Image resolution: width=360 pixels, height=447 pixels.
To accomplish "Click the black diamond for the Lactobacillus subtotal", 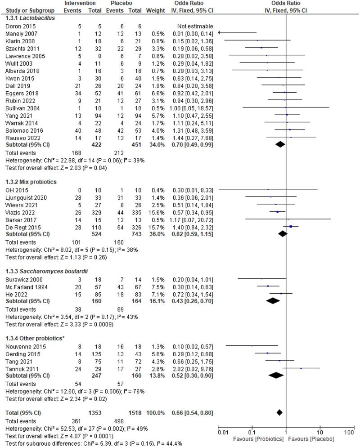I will tap(280, 144).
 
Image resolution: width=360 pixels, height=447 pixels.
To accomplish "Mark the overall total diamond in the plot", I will tap(279, 412).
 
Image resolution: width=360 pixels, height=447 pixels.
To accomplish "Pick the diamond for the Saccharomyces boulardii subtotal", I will tap(273, 301).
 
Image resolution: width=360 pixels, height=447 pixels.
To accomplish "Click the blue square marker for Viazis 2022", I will tap(278, 213).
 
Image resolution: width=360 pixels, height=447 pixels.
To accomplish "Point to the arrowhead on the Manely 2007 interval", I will tap(220, 32).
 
